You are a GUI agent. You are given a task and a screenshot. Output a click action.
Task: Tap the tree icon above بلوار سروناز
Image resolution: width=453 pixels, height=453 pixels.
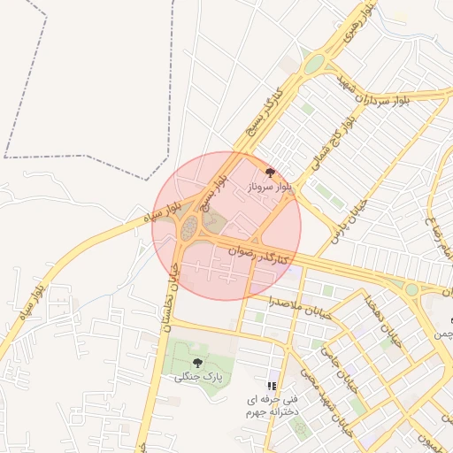[270, 173]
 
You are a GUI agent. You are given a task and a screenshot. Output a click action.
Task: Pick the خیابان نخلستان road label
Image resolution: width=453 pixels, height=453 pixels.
[166, 301]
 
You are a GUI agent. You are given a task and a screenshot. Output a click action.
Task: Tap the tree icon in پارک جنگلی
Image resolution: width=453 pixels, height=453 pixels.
[197, 363]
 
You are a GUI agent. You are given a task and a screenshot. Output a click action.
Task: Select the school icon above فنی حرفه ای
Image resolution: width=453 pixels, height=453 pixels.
[272, 386]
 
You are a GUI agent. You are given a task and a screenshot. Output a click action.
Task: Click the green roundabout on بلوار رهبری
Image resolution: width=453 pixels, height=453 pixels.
[313, 64]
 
